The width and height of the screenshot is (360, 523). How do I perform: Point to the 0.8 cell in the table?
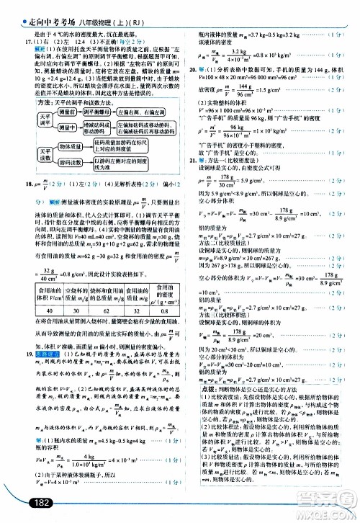163,311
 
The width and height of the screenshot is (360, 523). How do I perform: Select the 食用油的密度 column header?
163,293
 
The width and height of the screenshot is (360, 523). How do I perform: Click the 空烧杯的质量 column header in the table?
81,293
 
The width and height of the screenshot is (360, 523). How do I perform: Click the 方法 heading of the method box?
48,102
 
